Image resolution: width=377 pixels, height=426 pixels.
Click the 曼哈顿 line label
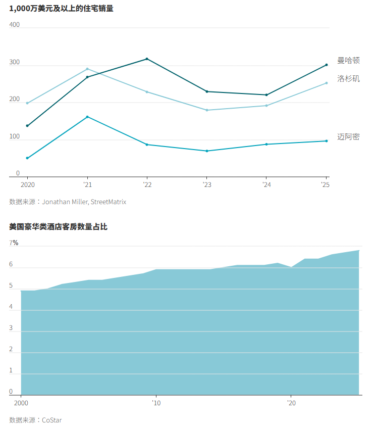click(348, 61)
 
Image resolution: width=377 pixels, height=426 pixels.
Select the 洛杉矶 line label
click(348, 79)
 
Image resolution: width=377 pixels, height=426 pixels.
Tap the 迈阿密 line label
click(348, 137)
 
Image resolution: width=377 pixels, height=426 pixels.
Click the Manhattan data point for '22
click(147, 59)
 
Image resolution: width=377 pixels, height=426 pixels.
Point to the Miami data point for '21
click(87, 117)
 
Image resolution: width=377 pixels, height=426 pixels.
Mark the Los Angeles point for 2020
click(27, 103)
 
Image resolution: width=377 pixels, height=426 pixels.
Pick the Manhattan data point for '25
click(327, 65)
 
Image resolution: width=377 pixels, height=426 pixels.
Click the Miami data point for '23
click(207, 151)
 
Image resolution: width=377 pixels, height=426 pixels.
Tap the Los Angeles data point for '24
click(266, 106)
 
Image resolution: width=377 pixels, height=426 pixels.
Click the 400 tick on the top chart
click(14, 25)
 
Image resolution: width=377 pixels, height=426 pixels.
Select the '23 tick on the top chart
click(207, 185)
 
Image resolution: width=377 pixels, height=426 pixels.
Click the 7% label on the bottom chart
click(14, 243)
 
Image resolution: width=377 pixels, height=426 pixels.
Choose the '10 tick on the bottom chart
click(156, 403)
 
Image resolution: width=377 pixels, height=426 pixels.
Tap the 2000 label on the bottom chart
click(21, 403)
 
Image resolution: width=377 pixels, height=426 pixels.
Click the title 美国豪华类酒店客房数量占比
click(58, 227)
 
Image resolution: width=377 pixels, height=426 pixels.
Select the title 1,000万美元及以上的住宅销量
click(61, 8)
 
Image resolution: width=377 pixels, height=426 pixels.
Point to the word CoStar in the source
click(52, 420)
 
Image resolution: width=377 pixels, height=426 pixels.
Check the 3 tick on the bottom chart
click(11, 328)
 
